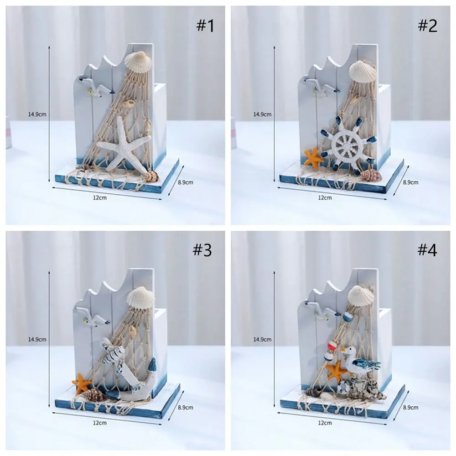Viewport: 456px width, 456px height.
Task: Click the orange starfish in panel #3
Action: coord(82,383)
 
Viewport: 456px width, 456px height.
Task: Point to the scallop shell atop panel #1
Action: coord(136,62)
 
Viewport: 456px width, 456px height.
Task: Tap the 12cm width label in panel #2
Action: coord(325,197)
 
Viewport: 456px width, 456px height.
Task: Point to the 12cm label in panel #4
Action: coord(325,423)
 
